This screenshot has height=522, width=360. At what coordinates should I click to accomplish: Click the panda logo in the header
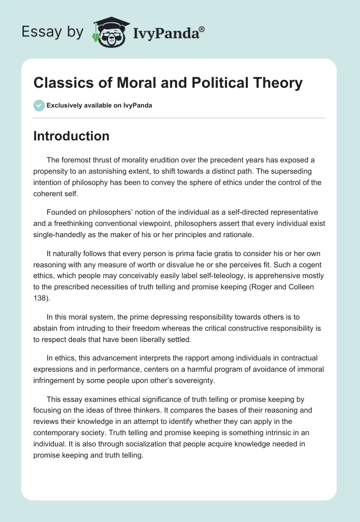110,32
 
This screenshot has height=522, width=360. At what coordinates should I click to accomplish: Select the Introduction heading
71,136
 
